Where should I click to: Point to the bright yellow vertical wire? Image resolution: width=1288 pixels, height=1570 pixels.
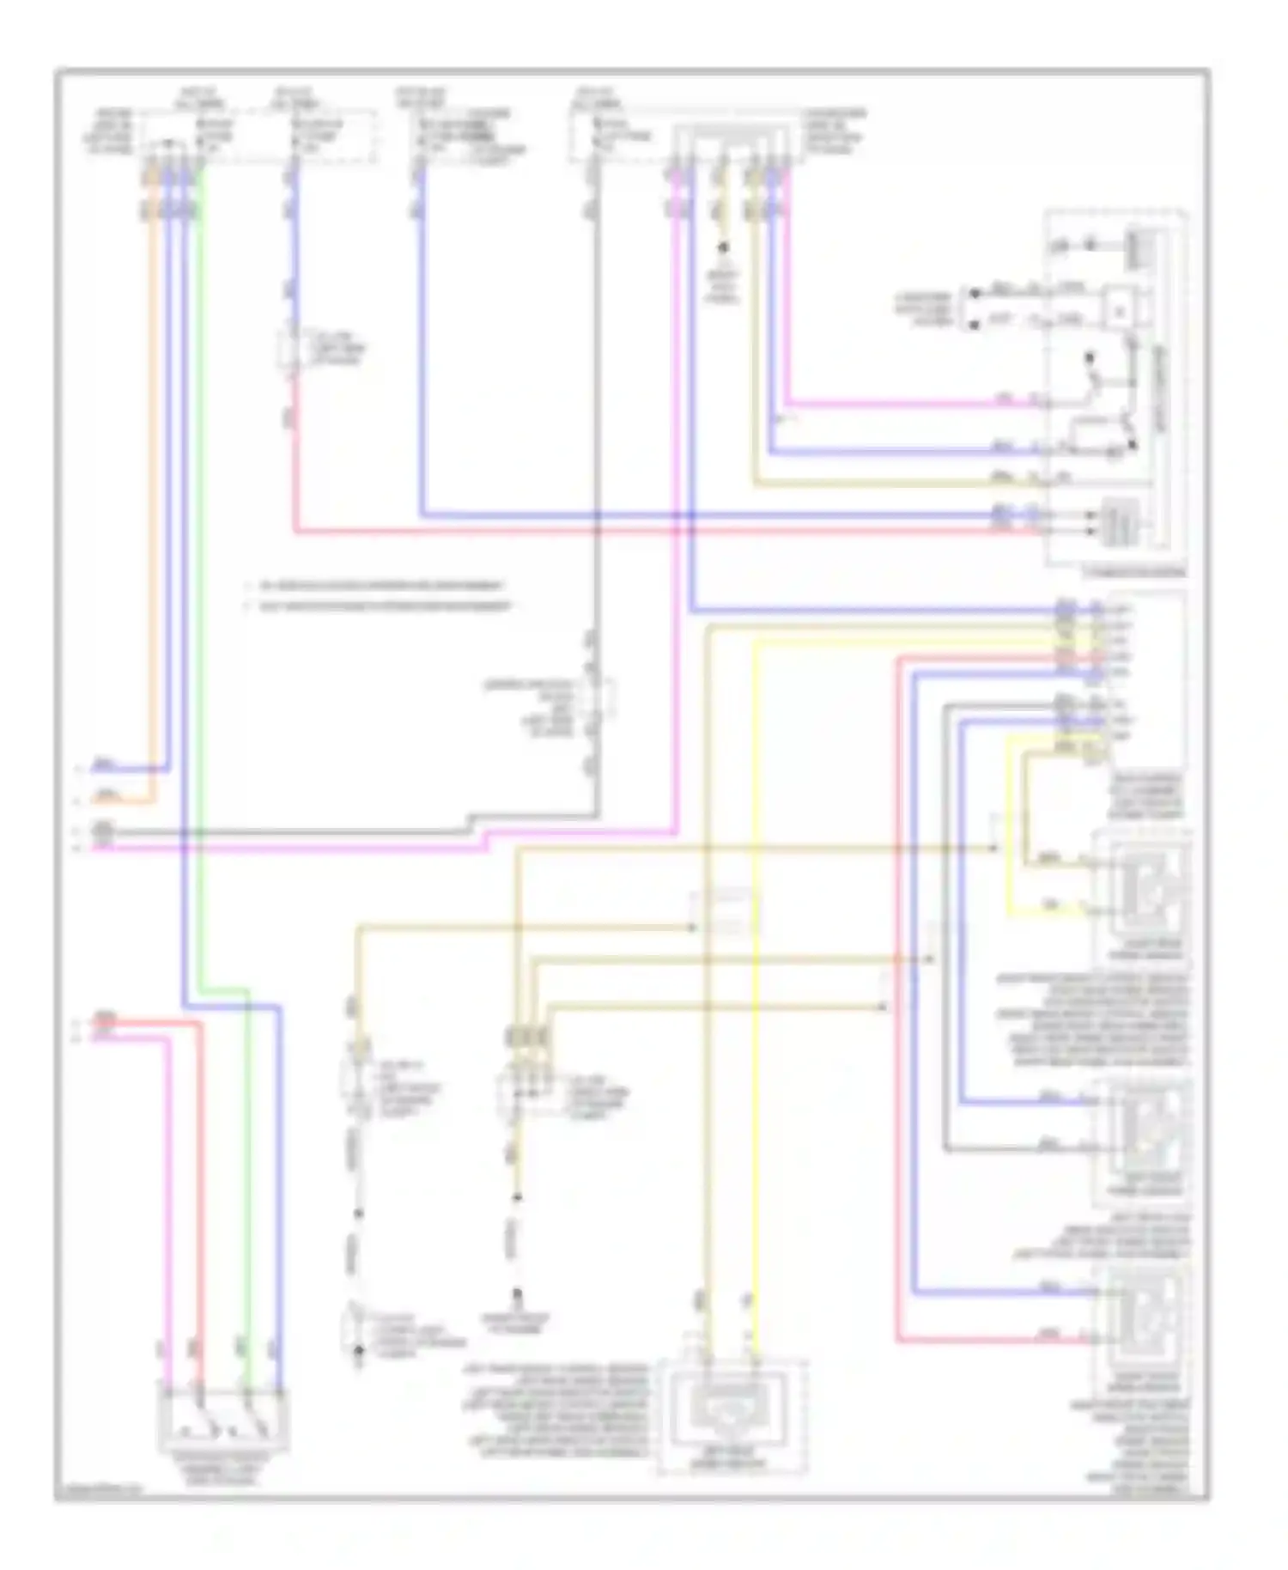click(x=755, y=945)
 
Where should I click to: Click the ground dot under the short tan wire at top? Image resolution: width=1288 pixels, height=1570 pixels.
click(x=723, y=247)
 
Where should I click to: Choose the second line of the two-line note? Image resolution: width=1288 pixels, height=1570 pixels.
click(x=378, y=607)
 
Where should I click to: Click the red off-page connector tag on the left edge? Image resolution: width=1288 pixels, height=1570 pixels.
click(x=105, y=1020)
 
